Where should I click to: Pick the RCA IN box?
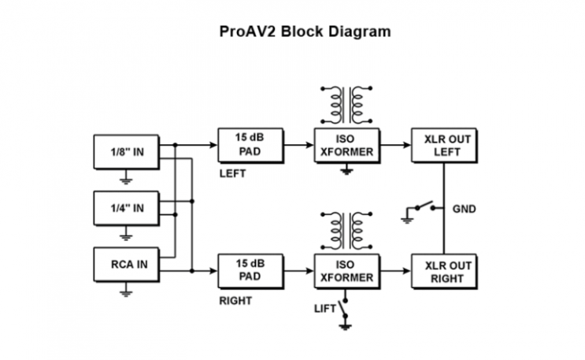pyautogui.click(x=125, y=264)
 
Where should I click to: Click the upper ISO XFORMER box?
pyautogui.click(x=345, y=145)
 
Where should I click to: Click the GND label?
pyautogui.click(x=465, y=210)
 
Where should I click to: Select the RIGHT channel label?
pyautogui.click(x=235, y=301)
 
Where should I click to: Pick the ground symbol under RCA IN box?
pyautogui.click(x=125, y=292)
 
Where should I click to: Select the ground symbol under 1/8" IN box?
pyautogui.click(x=125, y=180)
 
